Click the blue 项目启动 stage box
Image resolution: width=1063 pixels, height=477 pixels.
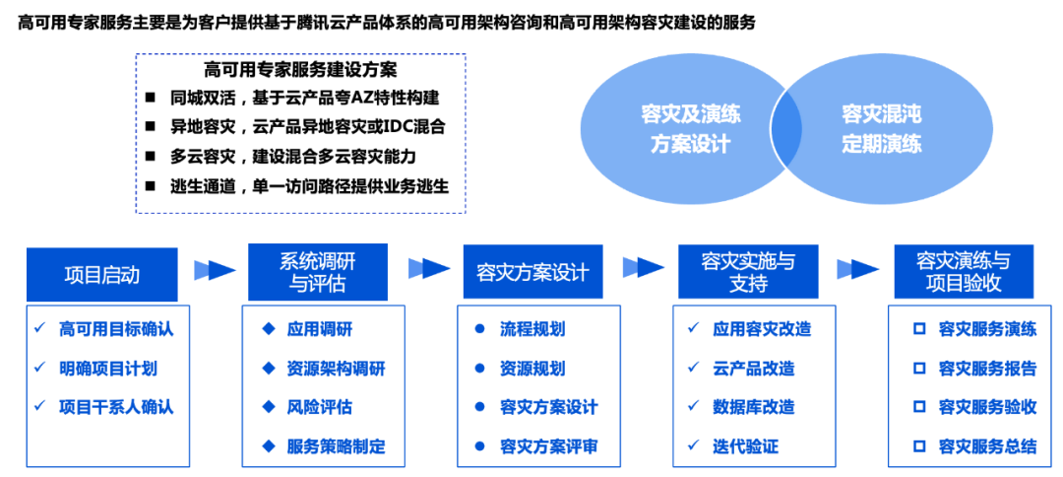click(101, 273)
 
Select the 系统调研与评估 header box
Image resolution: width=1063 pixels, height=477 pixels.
click(317, 272)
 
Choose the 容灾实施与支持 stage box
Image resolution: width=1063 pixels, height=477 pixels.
click(747, 272)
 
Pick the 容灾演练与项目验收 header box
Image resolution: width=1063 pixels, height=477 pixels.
click(963, 272)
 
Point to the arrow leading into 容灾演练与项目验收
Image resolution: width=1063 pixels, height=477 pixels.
click(857, 269)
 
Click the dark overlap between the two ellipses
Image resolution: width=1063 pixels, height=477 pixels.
click(784, 129)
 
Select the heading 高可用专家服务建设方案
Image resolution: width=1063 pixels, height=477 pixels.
click(300, 70)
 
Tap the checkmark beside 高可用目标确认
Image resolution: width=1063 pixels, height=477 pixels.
click(39, 327)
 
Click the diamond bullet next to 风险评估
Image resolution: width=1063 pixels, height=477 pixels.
click(268, 406)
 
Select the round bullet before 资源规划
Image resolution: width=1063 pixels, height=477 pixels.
click(479, 369)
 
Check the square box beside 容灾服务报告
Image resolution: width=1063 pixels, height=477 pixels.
click(919, 369)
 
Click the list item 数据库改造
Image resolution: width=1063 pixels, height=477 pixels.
click(753, 407)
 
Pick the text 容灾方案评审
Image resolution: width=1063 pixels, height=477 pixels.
click(548, 446)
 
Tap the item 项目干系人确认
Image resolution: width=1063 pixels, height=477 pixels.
click(116, 407)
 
